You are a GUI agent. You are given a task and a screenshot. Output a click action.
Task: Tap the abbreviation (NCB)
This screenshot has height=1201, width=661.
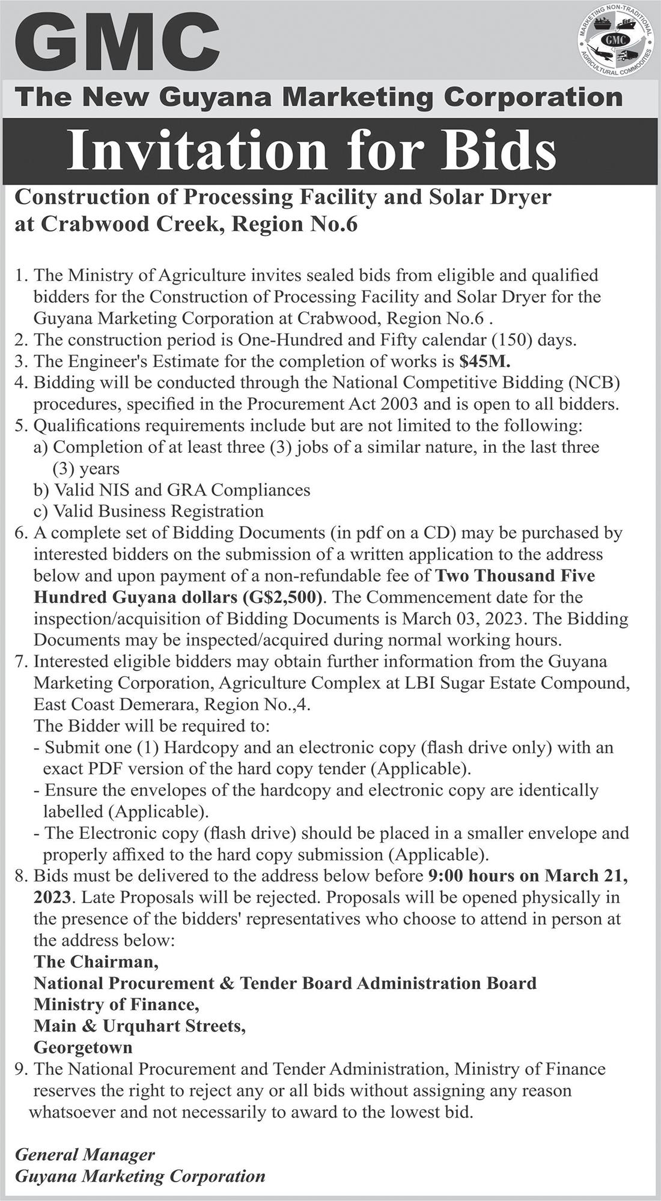click(x=594, y=383)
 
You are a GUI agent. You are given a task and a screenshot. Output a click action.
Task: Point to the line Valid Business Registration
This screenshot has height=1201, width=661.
click(x=159, y=512)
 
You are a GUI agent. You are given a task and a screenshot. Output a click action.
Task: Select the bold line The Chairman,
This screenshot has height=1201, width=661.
click(x=96, y=962)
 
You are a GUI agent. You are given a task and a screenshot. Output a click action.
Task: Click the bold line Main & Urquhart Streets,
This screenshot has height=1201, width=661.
click(x=139, y=1026)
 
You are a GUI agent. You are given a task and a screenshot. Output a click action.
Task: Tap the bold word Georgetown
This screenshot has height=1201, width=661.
click(x=83, y=1048)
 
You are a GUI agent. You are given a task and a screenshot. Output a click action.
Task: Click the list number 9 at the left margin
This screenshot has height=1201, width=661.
click(x=20, y=1069)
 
